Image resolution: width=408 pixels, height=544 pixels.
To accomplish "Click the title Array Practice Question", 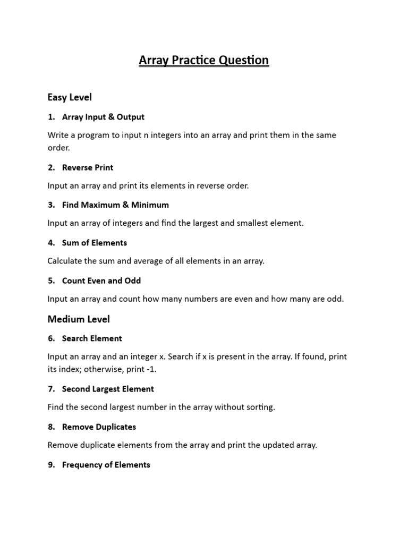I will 204,61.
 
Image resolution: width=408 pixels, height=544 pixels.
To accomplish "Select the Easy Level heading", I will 70,97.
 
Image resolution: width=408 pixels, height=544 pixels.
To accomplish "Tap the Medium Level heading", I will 79,319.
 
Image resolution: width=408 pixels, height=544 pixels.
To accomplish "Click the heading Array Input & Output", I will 103,117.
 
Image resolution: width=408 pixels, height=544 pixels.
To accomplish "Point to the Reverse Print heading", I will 88,167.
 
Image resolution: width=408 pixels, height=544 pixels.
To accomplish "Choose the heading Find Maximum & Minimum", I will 115,205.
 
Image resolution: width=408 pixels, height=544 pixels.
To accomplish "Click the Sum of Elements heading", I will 95,243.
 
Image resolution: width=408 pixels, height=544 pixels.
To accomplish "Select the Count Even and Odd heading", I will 101,280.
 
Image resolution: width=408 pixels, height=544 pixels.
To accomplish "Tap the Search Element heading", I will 92,338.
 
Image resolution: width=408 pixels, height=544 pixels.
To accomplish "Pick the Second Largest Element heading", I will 108,389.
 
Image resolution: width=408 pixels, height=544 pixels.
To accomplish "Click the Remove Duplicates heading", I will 99,427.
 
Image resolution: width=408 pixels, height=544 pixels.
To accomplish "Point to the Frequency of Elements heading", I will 106,465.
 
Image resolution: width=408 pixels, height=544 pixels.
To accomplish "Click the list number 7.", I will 51,389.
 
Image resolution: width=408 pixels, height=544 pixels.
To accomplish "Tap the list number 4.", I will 51,243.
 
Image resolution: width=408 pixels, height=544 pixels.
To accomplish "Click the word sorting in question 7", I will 260,407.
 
